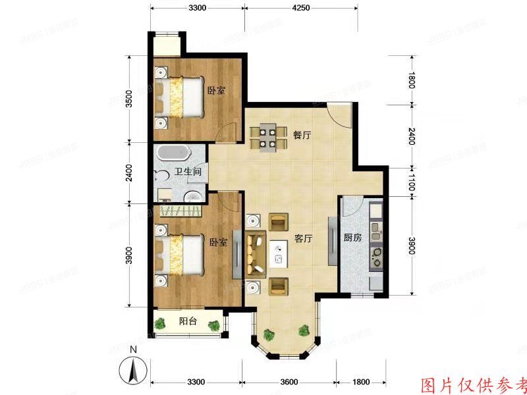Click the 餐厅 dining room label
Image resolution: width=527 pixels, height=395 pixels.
tap(302, 135)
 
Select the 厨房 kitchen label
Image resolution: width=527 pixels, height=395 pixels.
tap(352, 238)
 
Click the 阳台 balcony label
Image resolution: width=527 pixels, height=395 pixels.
tap(188, 321)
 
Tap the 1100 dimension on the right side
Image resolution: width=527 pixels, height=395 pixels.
tap(411, 182)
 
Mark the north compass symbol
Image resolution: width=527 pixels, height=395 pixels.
tap(133, 369)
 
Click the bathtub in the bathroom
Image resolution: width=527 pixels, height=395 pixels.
tap(173, 153)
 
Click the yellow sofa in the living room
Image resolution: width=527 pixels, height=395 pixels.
tap(254, 253)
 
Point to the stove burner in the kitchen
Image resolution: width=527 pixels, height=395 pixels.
tap(377, 253)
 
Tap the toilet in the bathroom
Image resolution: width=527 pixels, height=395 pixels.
tap(161, 176)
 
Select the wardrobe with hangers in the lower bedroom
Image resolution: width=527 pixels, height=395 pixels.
tap(180, 211)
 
